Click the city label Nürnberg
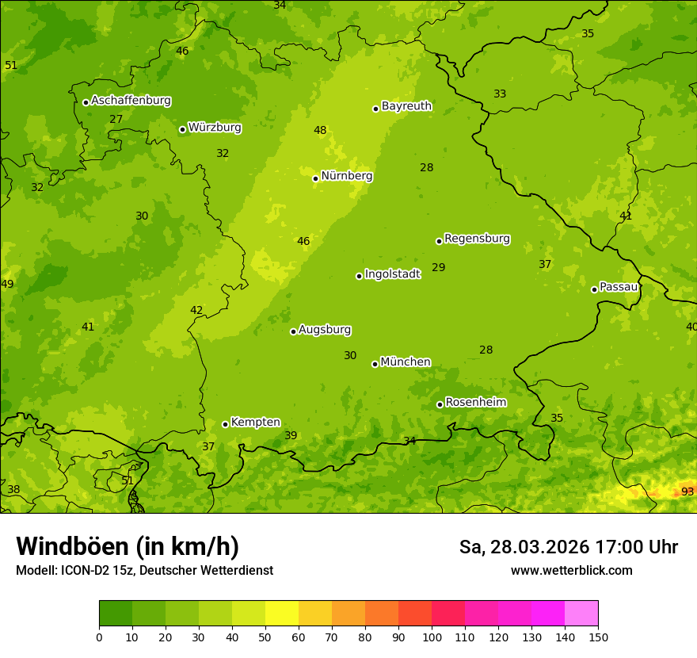pos(346,176)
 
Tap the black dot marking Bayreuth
pos(376,109)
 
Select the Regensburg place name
pos(477,239)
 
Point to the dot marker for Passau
pos(594,289)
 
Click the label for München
pos(405,362)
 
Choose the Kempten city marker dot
pos(226,424)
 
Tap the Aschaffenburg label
pos(131,101)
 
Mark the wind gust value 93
pos(687,492)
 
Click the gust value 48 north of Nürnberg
pos(320,131)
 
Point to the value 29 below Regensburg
pos(438,268)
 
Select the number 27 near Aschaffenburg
pos(116,120)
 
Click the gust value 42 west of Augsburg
pos(196,311)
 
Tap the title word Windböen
pos(72,546)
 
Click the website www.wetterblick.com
pos(571,571)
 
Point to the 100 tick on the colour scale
pos(432,637)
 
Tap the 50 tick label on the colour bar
pos(265,637)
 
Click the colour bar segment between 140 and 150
pos(581,614)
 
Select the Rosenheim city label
pos(475,403)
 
